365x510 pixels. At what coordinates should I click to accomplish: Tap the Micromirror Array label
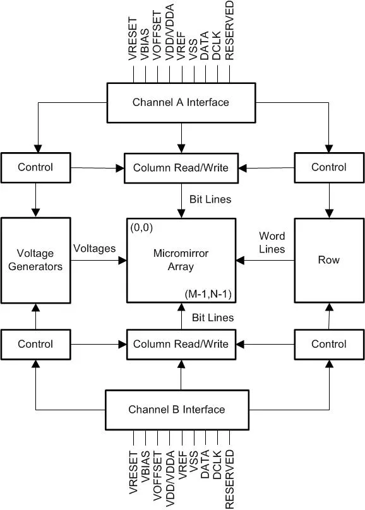coord(181,259)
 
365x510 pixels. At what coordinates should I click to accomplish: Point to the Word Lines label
coord(272,242)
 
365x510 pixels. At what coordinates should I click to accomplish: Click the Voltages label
coord(94,249)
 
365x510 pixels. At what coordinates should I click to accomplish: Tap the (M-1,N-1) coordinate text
coord(208,294)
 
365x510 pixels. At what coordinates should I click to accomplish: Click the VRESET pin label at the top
coord(133,39)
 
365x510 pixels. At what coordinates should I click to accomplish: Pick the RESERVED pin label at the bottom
coord(229,479)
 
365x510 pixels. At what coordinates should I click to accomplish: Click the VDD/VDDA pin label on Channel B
coord(170,478)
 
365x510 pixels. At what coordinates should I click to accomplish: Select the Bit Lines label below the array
coord(213,317)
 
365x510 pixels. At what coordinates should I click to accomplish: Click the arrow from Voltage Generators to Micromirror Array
coord(99,260)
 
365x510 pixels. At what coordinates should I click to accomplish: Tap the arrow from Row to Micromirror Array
coord(265,260)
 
